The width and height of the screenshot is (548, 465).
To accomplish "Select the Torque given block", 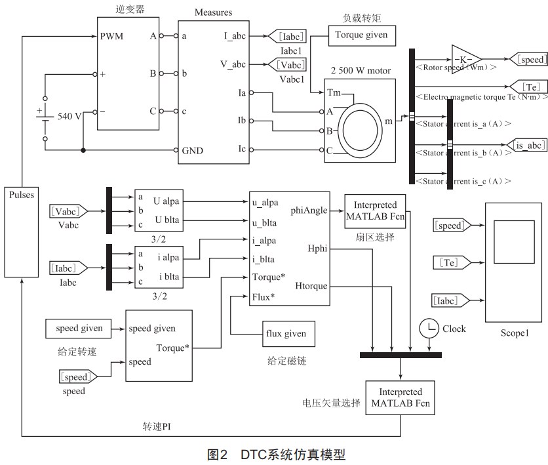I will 362,35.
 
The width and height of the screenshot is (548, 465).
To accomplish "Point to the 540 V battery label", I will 69,116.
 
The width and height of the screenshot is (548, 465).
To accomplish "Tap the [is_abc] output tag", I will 527,144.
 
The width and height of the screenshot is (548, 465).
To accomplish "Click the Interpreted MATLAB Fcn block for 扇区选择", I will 375,211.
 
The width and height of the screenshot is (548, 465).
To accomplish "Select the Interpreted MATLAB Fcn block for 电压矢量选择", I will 401,397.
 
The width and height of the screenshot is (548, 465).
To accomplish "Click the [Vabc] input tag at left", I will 68,211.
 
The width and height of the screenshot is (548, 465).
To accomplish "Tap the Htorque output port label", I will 311,286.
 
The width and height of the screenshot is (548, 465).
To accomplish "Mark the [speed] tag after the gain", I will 528,60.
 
